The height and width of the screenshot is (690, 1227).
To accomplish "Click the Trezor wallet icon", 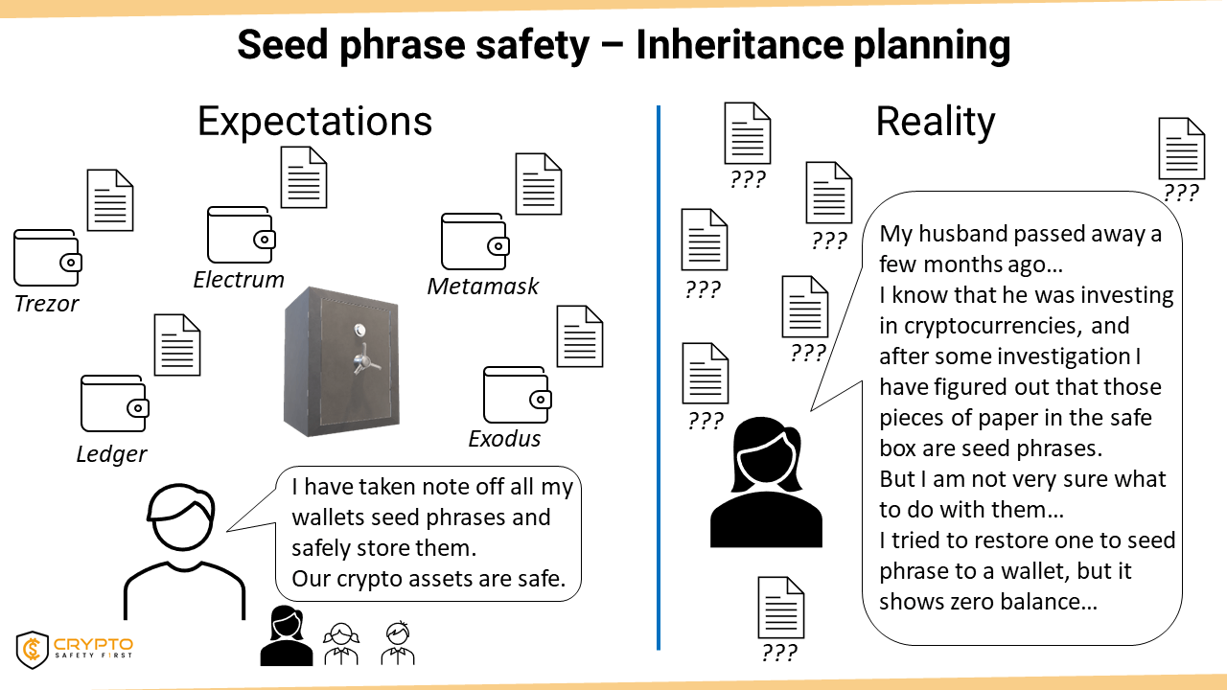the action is point(48,258).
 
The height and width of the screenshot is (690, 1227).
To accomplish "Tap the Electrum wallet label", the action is point(239,280).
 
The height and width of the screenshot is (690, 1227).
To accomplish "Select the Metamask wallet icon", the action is point(475,241).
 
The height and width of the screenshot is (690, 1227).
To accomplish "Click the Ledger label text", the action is point(112,454).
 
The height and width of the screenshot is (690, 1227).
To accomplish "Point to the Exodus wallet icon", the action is point(517,395).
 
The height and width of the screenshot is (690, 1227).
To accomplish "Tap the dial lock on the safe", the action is point(359,330).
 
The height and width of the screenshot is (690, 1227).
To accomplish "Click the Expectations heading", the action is point(315,122).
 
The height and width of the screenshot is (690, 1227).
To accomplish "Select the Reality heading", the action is point(936,122).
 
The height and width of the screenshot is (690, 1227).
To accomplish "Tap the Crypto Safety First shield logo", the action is point(33,650).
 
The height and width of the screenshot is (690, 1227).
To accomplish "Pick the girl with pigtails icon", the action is point(341,643).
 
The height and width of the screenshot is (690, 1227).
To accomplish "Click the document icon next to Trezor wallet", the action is point(110,200).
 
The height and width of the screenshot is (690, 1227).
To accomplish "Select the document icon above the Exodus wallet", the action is point(580,336).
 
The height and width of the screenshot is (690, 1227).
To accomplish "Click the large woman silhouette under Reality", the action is point(766,482).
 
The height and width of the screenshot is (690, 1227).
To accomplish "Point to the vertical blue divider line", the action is point(659,378).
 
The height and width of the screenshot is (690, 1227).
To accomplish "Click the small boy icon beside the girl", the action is point(398,643).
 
